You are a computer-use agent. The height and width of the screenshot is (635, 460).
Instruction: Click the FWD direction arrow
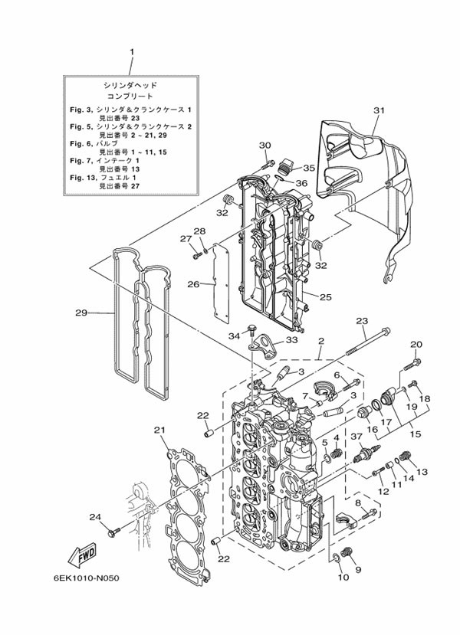pyautogui.click(x=82, y=554)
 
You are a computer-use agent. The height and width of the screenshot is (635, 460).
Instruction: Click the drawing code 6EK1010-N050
pyautogui.click(x=87, y=578)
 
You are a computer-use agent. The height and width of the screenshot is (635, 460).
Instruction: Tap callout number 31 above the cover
pyautogui.click(x=379, y=110)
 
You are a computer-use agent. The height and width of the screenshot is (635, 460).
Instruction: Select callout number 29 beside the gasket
pyautogui.click(x=81, y=313)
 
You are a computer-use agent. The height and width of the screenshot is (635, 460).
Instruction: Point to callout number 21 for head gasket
pyautogui.click(x=160, y=430)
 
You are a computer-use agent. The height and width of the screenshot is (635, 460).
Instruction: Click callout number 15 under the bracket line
pyautogui.click(x=416, y=434)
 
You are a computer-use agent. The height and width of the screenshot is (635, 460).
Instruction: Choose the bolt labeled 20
pyautogui.click(x=412, y=364)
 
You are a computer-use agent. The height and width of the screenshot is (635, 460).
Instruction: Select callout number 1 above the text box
pyautogui.click(x=131, y=52)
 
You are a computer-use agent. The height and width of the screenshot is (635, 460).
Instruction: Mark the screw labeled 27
pyautogui.click(x=197, y=256)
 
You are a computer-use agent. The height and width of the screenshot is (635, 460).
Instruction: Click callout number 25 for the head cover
pyautogui.click(x=325, y=297)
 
